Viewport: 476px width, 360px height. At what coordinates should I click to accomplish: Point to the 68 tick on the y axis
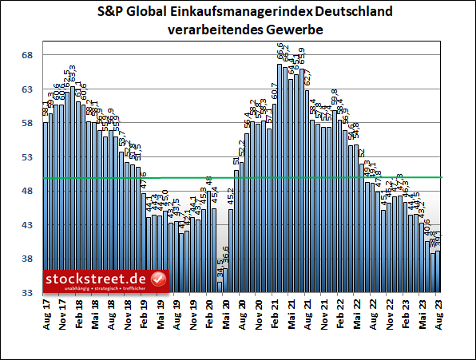coord(26,55)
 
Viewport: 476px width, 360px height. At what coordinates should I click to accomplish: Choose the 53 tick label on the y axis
coord(26,157)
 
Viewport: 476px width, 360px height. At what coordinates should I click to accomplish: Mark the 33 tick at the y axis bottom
coord(26,294)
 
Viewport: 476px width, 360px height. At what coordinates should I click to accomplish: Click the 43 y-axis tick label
coord(26,226)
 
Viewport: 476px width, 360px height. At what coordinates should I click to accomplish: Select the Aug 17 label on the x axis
coord(46,312)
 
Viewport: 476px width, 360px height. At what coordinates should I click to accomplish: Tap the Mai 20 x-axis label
coord(226,312)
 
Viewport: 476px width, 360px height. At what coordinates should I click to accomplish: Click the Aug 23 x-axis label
coord(438,312)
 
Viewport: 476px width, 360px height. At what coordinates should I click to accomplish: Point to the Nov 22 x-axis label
coord(390,312)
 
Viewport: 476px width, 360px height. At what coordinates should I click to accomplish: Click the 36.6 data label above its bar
coord(226,257)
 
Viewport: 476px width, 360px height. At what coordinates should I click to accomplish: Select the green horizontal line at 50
coord(240,177)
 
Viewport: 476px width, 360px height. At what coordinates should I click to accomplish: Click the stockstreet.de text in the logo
coord(97,279)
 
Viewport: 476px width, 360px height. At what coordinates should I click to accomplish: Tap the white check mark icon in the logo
coord(158,279)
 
